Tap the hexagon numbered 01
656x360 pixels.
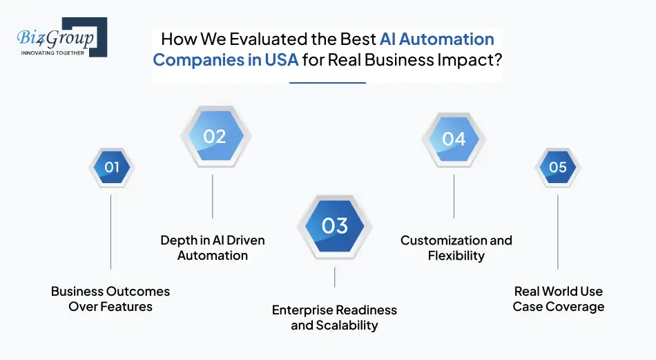click(x=111, y=167)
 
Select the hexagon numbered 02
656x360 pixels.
click(x=213, y=137)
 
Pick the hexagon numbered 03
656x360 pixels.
click(x=335, y=226)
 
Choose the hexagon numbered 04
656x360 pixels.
click(x=454, y=139)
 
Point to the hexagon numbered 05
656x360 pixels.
click(x=557, y=167)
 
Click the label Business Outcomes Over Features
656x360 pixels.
click(x=110, y=299)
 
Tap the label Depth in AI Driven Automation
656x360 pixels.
click(x=213, y=247)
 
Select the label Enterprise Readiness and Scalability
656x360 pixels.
click(x=334, y=317)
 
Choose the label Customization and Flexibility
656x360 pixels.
click(x=456, y=247)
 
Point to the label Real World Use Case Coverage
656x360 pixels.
click(x=558, y=299)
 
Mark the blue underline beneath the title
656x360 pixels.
click(x=327, y=83)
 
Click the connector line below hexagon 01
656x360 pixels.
click(x=111, y=231)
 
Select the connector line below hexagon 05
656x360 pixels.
click(x=558, y=231)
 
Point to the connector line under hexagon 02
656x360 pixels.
click(x=213, y=196)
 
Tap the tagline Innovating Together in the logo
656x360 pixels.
click(x=52, y=52)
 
